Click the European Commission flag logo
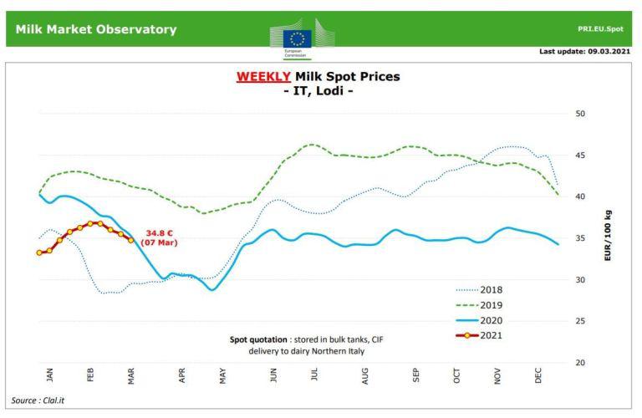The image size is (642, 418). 297,38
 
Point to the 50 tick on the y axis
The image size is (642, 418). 581,114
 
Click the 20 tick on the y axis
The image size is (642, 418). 581,363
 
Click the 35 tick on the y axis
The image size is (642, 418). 581,238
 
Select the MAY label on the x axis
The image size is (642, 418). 223,376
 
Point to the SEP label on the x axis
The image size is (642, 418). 416,376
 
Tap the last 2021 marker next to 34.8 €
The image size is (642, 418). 130,240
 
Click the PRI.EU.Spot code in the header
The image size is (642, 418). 600,28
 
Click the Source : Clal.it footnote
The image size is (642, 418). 38,400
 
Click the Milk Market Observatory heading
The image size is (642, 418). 96,29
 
